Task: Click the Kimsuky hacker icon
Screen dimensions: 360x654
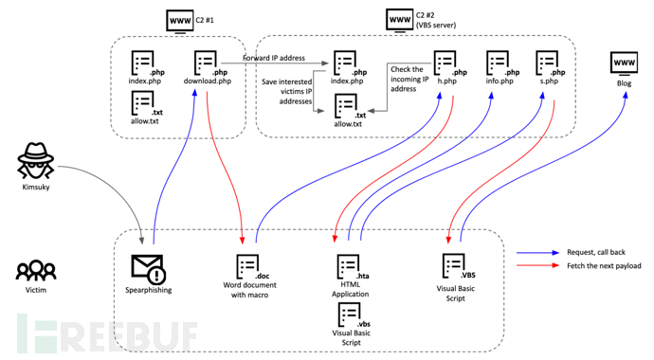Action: click(36, 160)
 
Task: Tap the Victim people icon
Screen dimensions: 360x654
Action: click(35, 271)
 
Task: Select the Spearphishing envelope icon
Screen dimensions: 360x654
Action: click(147, 266)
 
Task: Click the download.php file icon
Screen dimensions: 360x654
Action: click(205, 64)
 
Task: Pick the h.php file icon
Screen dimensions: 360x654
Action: click(445, 64)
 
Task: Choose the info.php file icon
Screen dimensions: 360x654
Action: click(497, 64)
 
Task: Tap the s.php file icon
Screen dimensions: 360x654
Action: click(548, 64)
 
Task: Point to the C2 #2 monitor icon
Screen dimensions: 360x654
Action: click(399, 19)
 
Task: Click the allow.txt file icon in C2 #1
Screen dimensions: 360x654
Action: click(142, 105)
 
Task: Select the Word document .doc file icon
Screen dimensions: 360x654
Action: click(248, 266)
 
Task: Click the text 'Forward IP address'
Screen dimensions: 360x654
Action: click(273, 59)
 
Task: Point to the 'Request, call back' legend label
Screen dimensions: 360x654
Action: click(586, 254)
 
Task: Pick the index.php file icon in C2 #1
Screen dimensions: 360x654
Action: click(142, 64)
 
